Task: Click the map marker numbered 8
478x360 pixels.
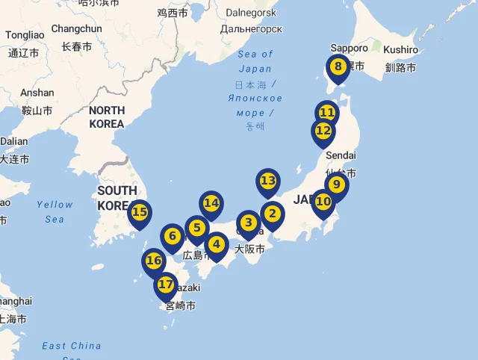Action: pyautogui.click(x=338, y=67)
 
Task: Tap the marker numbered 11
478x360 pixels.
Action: pyautogui.click(x=326, y=113)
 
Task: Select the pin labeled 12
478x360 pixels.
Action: pyautogui.click(x=323, y=131)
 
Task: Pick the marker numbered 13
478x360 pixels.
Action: pyautogui.click(x=268, y=181)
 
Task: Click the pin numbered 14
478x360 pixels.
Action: pyautogui.click(x=211, y=202)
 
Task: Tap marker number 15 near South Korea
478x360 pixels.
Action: pyautogui.click(x=140, y=212)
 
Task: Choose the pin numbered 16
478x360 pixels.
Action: pyautogui.click(x=154, y=261)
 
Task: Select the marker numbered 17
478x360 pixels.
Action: pyautogui.click(x=166, y=285)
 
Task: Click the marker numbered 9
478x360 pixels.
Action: pyautogui.click(x=336, y=184)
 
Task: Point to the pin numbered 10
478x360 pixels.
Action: pyautogui.click(x=323, y=201)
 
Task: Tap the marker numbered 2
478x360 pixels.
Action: pyautogui.click(x=272, y=214)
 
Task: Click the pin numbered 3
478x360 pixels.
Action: pyautogui.click(x=248, y=223)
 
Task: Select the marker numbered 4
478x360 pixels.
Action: pyautogui.click(x=217, y=243)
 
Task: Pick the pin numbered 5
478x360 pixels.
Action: pyautogui.click(x=196, y=228)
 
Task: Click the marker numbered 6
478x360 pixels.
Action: pyautogui.click(x=173, y=237)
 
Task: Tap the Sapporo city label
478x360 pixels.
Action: pyautogui.click(x=349, y=48)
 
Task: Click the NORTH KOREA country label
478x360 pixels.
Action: pyautogui.click(x=107, y=117)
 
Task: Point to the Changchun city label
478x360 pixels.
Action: pyautogui.click(x=76, y=28)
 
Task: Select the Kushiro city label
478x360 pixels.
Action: pyautogui.click(x=401, y=49)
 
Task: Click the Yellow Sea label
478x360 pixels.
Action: pyautogui.click(x=55, y=211)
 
